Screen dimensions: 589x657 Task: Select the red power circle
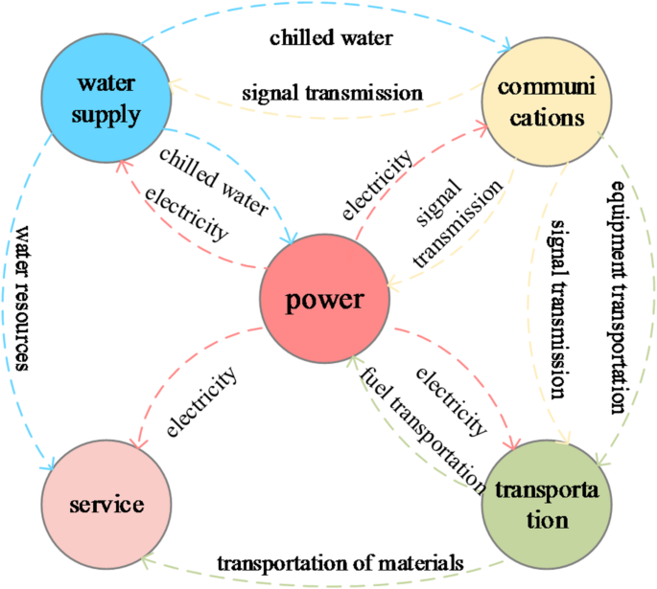(x=324, y=300)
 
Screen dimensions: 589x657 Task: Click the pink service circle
(x=106, y=505)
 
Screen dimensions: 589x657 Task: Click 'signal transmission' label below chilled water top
(x=331, y=93)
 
